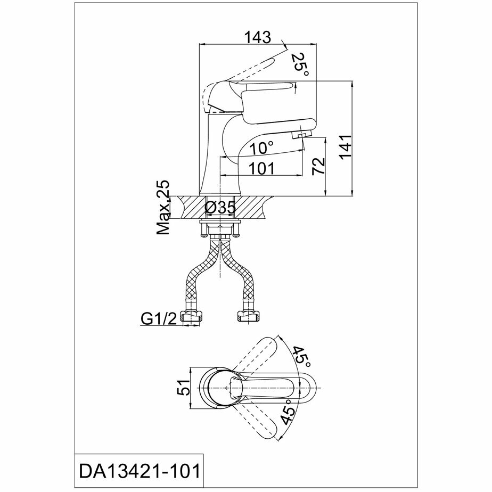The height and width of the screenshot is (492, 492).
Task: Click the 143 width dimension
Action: coord(257,38)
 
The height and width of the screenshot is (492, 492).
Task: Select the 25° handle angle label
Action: coord(300,64)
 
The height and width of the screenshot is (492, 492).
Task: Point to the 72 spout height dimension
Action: coord(318,166)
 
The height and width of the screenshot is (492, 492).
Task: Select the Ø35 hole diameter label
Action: coord(220,208)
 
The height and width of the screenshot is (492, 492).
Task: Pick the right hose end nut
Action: coord(248,317)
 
